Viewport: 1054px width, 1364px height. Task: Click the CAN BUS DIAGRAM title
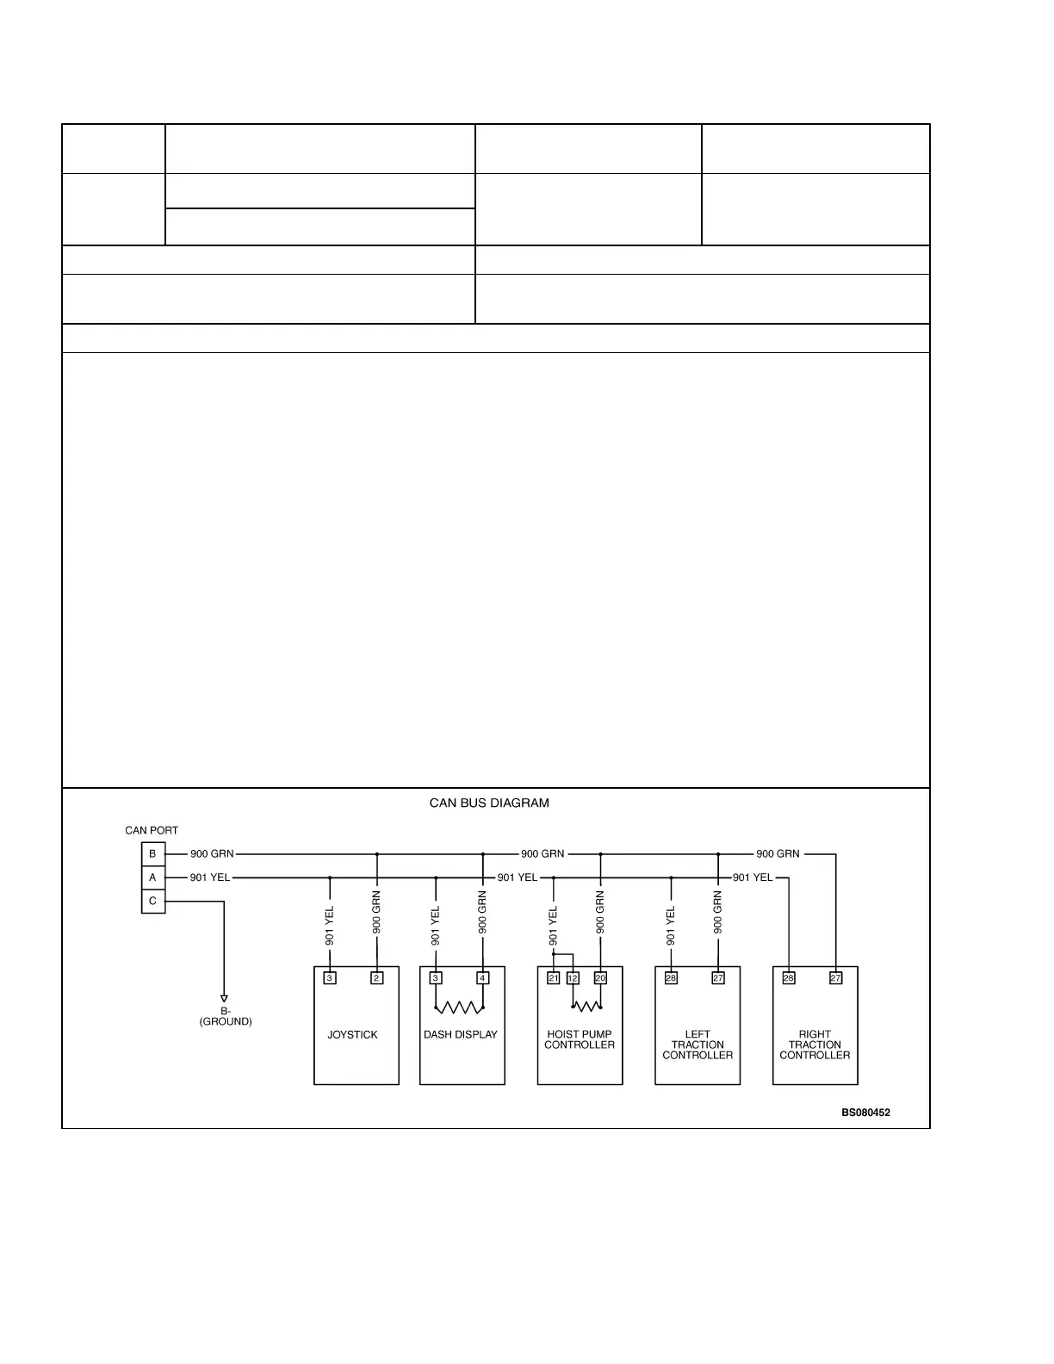pos(489,803)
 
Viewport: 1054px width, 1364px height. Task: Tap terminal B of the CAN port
pos(153,854)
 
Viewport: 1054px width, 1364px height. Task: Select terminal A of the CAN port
pos(153,877)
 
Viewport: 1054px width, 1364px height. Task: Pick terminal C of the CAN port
pos(153,902)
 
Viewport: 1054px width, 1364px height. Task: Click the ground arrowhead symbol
pos(224,999)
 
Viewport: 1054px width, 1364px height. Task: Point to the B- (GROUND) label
pos(226,1016)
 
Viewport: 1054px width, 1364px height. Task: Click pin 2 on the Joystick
pos(377,978)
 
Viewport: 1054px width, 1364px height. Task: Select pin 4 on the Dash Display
pos(483,978)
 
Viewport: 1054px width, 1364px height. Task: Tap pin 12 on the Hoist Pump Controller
pos(573,978)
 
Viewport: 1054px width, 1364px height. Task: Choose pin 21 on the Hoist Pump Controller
pos(554,978)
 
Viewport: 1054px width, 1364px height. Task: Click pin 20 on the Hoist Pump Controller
pos(600,978)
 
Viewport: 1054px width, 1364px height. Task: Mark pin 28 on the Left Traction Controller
pos(671,978)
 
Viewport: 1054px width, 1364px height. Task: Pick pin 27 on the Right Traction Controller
pos(835,978)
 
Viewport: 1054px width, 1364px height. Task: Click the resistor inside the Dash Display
pos(460,1007)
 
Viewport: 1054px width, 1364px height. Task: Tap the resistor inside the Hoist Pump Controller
pos(586,1006)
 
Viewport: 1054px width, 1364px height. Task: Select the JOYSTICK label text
pos(352,1035)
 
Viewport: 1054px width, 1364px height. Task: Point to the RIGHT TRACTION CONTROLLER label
pos(815,1045)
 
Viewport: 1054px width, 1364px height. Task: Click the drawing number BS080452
pos(865,1113)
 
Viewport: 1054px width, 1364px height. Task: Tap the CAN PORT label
pos(152,831)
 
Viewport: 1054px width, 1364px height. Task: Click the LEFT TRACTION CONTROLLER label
pos(697,1045)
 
